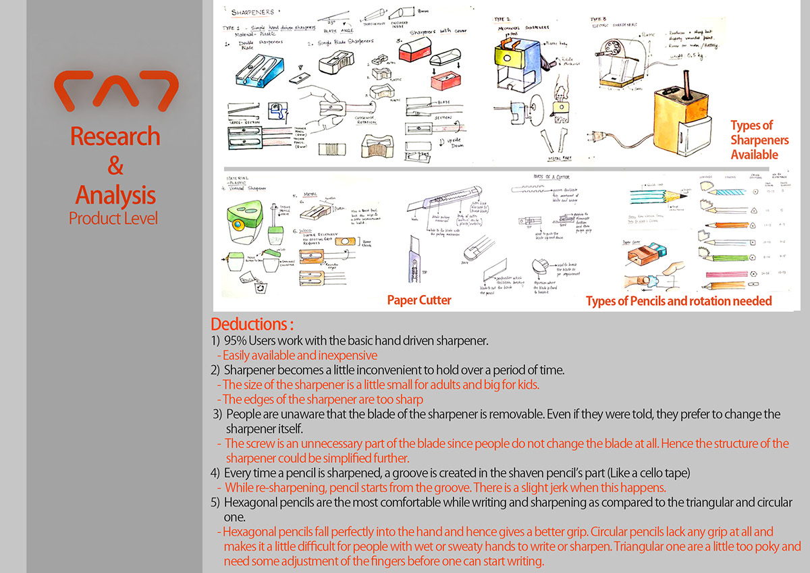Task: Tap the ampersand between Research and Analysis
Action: coord(115,166)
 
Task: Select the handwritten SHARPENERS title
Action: coord(254,12)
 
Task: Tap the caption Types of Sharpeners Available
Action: coord(754,140)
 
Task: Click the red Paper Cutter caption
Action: coord(419,300)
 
